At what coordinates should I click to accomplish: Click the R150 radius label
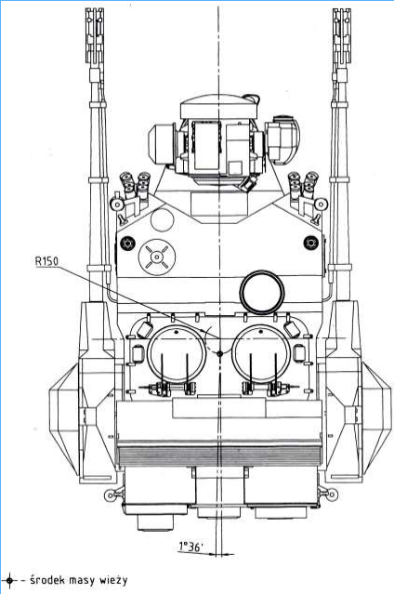pos(46,261)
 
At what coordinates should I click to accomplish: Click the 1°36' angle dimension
pos(190,547)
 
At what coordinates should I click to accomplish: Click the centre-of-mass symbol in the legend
pos(9,580)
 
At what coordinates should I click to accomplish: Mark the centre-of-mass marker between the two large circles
pos(219,353)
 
